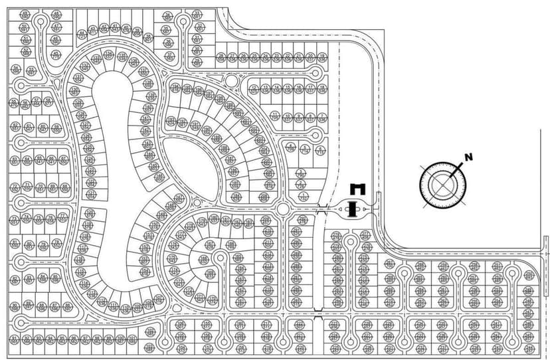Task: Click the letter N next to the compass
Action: (x=468, y=157)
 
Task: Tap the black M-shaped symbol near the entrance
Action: (x=358, y=189)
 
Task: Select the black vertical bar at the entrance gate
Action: (x=354, y=209)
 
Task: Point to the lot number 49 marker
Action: (x=25, y=14)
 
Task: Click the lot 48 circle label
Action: (x=56, y=14)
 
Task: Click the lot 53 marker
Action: (x=31, y=70)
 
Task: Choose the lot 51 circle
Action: (x=25, y=39)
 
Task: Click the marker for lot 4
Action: (x=290, y=146)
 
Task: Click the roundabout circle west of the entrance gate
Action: (x=283, y=209)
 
